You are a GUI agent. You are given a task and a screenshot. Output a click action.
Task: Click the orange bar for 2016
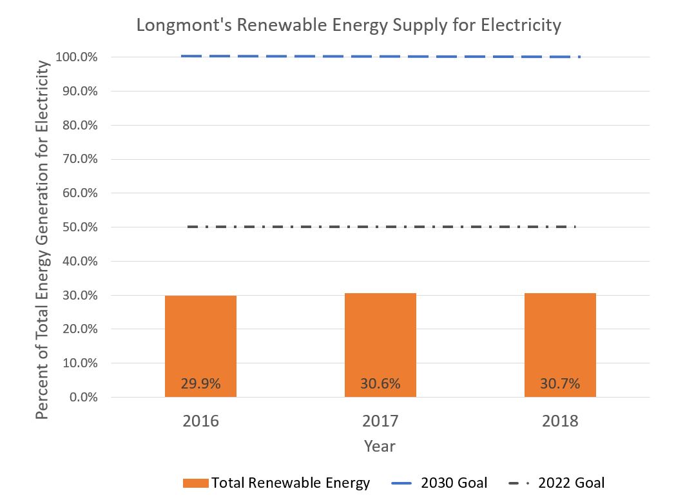(200, 341)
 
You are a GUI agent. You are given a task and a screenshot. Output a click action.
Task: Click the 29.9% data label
(200, 384)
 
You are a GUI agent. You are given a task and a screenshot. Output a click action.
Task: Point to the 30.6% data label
(380, 384)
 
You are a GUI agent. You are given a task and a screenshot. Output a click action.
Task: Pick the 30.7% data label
(560, 384)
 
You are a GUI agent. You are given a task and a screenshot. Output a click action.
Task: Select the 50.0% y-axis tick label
(81, 227)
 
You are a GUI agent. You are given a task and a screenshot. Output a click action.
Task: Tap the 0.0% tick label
(84, 398)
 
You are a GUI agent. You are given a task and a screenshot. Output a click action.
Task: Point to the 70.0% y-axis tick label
(81, 159)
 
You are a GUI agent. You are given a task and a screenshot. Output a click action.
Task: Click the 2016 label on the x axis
(200, 421)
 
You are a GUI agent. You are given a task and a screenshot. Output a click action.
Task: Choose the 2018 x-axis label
(560, 421)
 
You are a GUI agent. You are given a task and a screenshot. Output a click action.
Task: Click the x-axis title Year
(380, 446)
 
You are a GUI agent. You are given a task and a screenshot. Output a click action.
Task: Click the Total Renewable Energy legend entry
(277, 483)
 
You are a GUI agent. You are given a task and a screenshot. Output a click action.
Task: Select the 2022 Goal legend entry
(557, 483)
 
